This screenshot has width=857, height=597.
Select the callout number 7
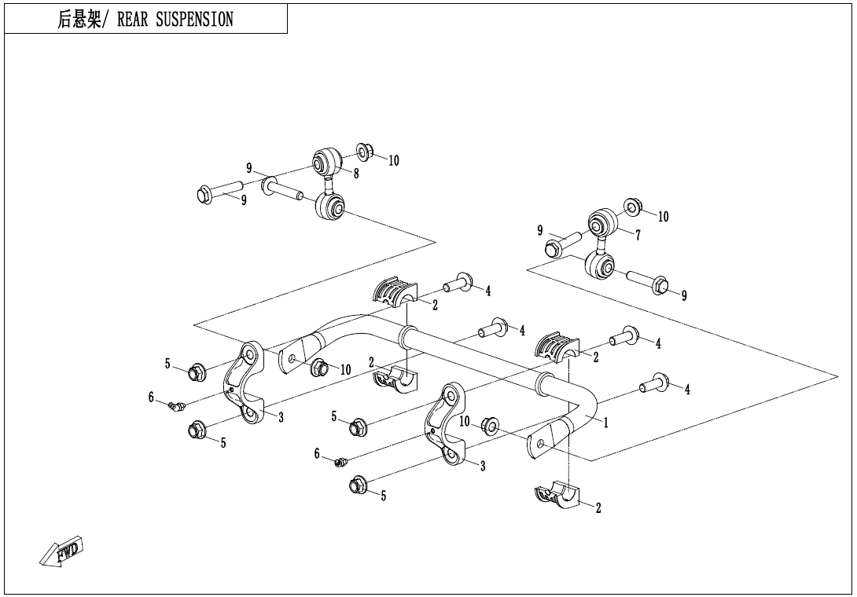click(638, 235)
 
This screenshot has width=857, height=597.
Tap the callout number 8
click(356, 174)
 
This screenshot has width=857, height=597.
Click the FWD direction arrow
click(61, 552)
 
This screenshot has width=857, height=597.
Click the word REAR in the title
click(132, 20)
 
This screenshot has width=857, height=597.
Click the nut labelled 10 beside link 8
click(364, 150)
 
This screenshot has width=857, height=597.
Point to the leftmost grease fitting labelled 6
click(176, 406)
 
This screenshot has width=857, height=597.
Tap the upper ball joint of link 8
click(324, 163)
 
